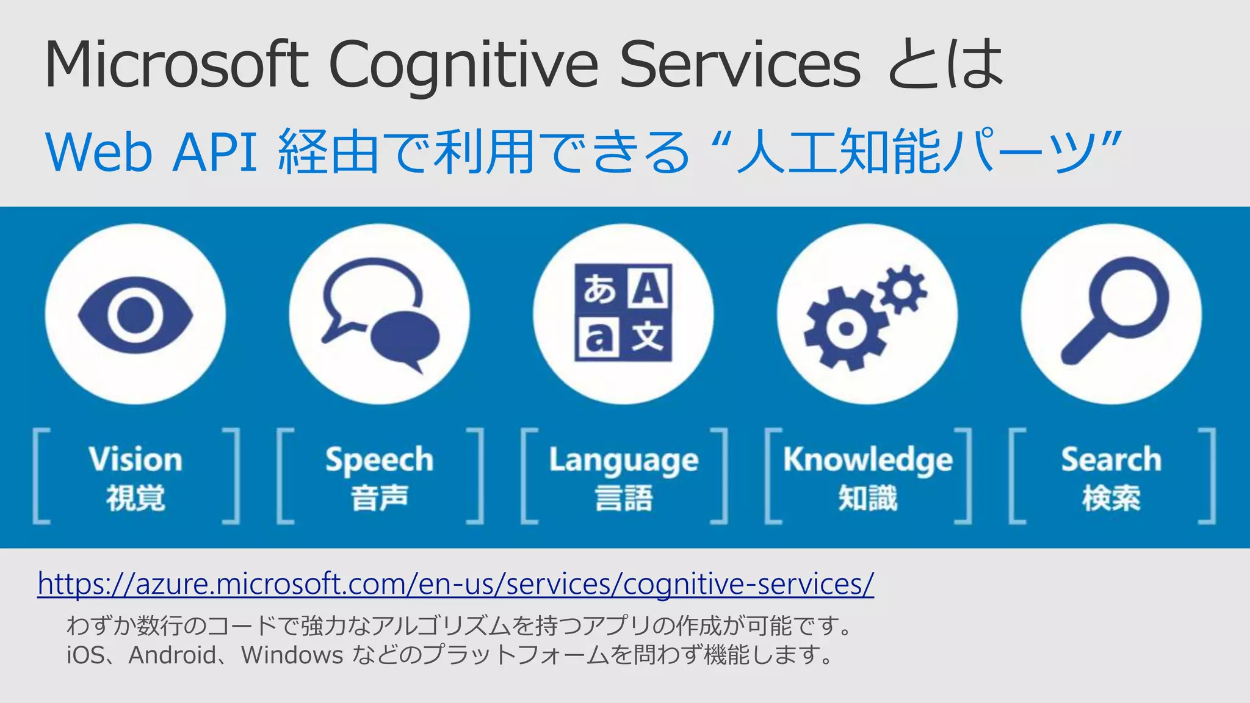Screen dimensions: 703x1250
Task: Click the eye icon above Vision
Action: pyautogui.click(x=135, y=315)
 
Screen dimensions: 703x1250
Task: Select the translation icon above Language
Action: pyautogui.click(x=623, y=312)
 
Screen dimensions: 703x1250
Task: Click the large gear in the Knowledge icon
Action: pyautogui.click(x=845, y=330)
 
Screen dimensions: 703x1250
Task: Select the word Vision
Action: pyautogui.click(x=135, y=460)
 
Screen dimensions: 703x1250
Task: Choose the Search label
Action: pyautogui.click(x=1111, y=460)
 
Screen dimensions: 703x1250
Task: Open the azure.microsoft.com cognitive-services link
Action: pyautogui.click(x=455, y=584)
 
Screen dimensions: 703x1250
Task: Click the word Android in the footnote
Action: pyautogui.click(x=172, y=655)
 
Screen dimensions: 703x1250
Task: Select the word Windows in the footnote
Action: pyautogui.click(x=292, y=655)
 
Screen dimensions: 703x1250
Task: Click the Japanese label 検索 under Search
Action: pyautogui.click(x=1111, y=498)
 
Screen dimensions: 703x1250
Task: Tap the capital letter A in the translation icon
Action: pyautogui.click(x=648, y=288)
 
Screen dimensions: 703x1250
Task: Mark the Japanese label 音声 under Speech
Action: pyautogui.click(x=379, y=498)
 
